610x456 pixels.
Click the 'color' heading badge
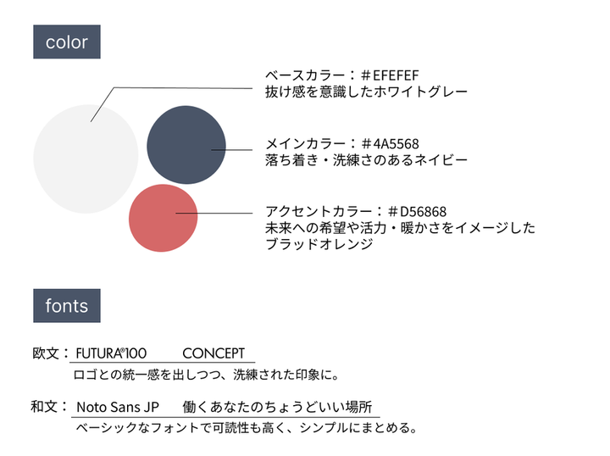67,42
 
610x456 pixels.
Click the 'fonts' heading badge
67,305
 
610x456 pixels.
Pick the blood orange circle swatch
163,217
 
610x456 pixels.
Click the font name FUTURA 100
112,353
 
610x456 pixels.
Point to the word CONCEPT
213,353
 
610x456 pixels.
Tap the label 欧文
44,353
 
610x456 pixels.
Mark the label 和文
44,407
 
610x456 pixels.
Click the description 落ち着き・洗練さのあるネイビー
366,159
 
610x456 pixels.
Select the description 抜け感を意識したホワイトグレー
366,91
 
